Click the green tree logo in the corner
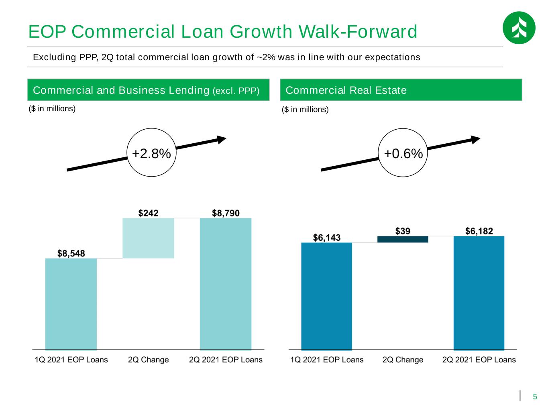coord(519,28)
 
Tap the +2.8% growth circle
coord(151,153)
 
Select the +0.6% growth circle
coord(403,153)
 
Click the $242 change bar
coord(148,238)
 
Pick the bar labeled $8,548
coord(71,304)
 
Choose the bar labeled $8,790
coord(226,284)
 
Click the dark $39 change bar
coord(403,239)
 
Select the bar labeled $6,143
coord(326,296)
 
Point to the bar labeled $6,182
coord(479,293)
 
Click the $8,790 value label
coord(226,213)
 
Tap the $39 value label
coord(403,231)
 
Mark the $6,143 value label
coord(326,238)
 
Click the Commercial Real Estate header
coord(346,90)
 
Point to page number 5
coord(534,397)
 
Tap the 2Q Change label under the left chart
coord(148,360)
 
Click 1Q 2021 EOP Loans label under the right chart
coord(327,360)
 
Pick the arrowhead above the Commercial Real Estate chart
coord(476,140)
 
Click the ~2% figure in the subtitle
coord(266,57)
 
